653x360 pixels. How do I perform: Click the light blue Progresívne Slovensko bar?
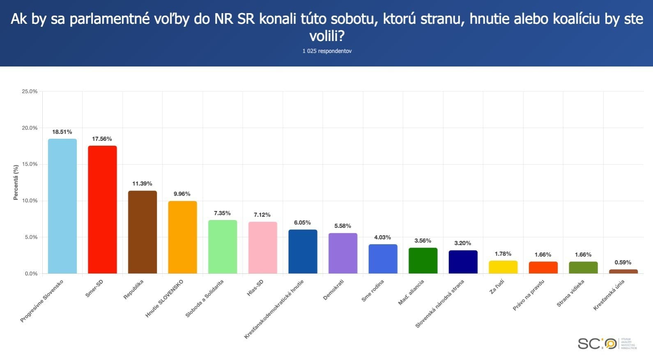62,206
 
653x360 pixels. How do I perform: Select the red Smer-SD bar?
102,209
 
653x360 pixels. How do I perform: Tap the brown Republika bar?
142,232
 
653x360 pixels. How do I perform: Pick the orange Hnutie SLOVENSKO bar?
182,237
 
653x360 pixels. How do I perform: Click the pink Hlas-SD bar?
262,248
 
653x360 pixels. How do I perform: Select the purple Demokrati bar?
343,253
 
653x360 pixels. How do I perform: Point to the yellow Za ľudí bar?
503,267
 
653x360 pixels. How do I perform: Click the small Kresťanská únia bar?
623,271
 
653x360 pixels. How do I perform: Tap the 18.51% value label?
62,132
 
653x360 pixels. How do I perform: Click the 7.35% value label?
222,213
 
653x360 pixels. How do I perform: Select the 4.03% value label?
382,237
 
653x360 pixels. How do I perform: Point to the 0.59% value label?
623,262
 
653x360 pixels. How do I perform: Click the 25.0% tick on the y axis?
30,91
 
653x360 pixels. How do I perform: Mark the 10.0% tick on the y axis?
30,201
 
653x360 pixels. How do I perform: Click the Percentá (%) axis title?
16,182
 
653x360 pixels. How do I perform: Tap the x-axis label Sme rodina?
373,291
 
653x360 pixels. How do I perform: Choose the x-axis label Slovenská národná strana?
439,304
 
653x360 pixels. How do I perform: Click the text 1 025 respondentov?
327,51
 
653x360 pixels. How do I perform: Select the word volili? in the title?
327,36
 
